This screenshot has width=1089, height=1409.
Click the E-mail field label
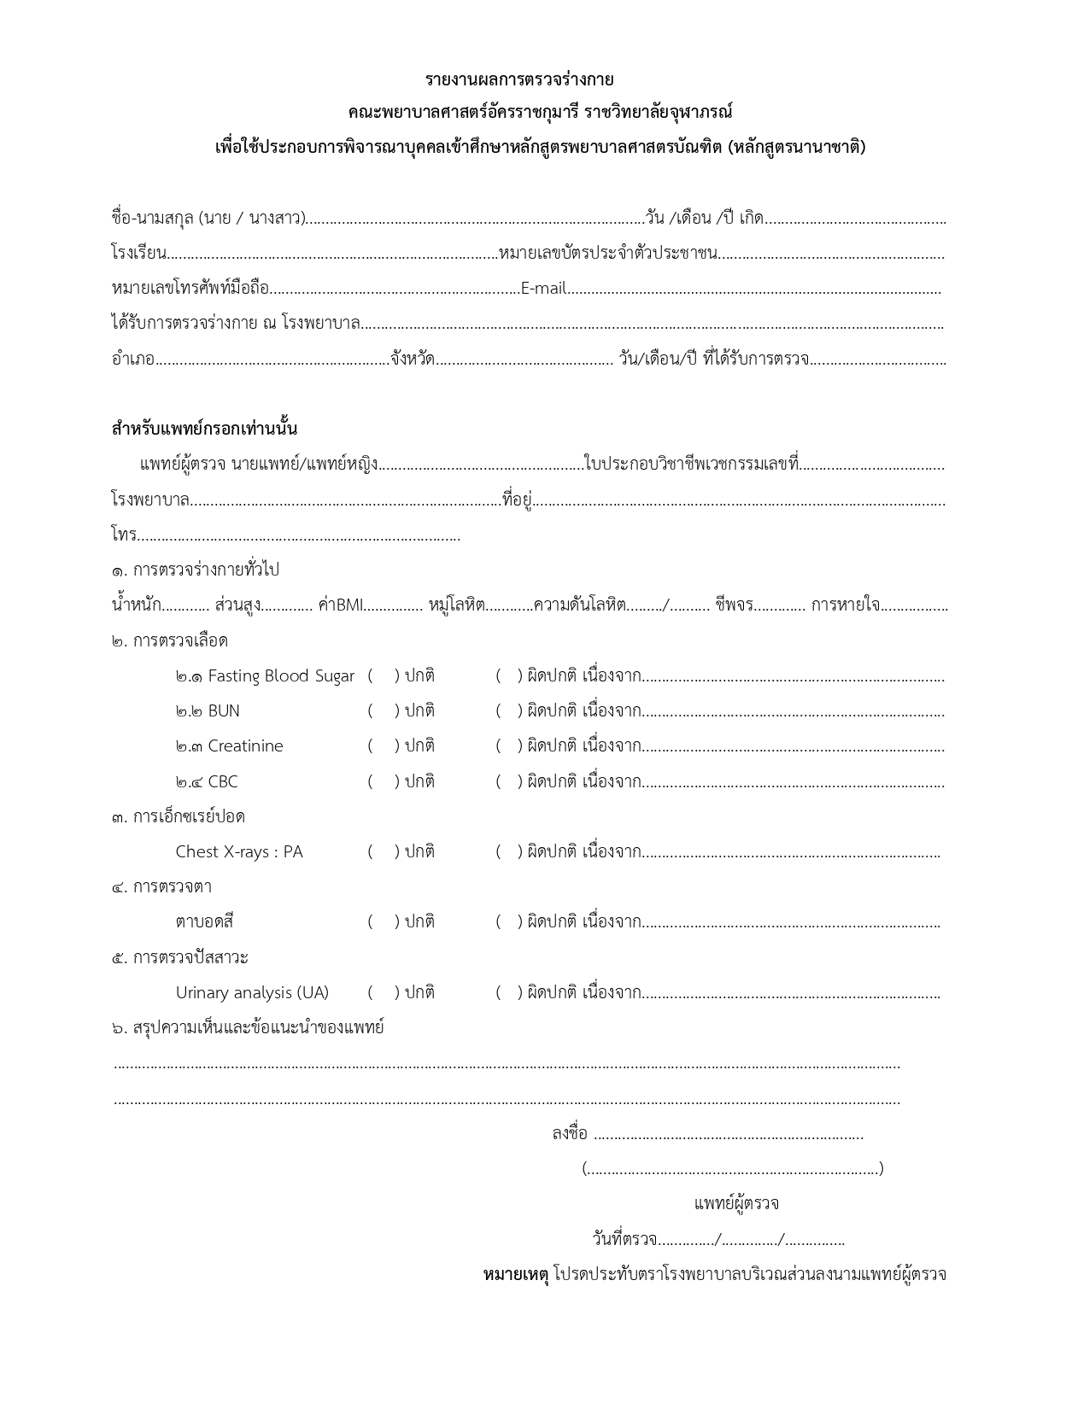(x=543, y=289)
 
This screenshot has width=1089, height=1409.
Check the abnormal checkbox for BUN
(x=508, y=711)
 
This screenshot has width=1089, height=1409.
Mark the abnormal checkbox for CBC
(x=508, y=782)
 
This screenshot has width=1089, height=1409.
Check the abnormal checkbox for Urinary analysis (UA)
(x=508, y=993)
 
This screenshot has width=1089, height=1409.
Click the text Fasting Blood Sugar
(x=281, y=676)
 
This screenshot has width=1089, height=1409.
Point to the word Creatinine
(x=245, y=746)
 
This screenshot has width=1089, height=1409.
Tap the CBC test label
(x=223, y=782)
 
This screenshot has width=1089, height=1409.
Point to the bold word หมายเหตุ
(x=516, y=1275)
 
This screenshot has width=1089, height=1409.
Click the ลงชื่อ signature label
(x=570, y=1134)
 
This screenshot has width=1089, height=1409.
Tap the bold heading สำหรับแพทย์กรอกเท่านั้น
(x=204, y=429)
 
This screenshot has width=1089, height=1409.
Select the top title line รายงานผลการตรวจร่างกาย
(x=519, y=80)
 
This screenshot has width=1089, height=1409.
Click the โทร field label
(x=124, y=536)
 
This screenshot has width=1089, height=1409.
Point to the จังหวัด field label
(x=413, y=360)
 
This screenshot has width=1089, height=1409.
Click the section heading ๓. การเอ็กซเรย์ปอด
(x=179, y=817)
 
